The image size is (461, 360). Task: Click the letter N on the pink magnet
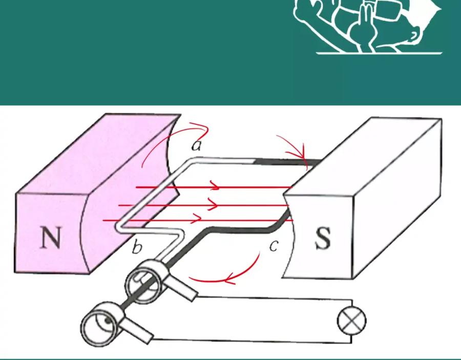coord(51,238)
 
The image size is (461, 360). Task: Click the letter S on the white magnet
coord(323,238)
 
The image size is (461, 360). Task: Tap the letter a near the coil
coord(196,145)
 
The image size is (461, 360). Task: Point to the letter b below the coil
coord(137,246)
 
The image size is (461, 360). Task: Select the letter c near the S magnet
coord(273,246)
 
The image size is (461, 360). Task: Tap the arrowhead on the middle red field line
coord(214,204)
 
